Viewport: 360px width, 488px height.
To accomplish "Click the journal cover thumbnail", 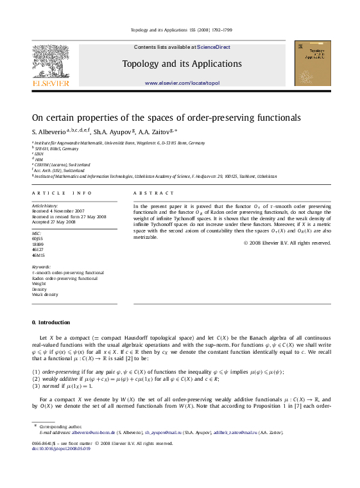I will point(313,63).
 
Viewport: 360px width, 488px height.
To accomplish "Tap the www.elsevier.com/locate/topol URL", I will point(182,83).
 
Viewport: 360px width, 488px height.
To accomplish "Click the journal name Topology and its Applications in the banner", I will point(182,64).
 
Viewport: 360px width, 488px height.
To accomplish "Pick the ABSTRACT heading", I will point(153,193).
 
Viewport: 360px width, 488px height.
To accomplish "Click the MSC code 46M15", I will point(39,255).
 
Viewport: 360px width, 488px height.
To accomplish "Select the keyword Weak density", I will point(45,295).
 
